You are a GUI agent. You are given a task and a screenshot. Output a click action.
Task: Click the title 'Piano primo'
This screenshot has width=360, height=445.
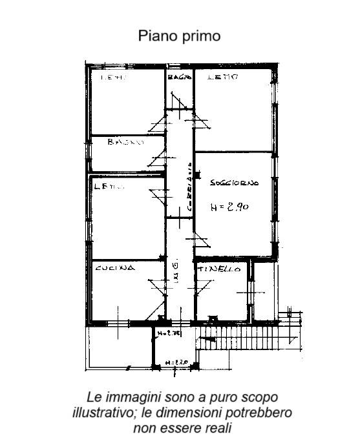179,36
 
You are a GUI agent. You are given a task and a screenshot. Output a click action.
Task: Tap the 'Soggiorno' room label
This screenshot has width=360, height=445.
234,183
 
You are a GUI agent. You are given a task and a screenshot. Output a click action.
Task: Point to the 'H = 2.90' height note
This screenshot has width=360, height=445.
230,207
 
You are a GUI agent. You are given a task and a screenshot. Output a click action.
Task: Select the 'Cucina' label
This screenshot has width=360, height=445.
114,268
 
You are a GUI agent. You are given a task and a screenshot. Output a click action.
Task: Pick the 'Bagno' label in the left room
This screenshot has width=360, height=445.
125,142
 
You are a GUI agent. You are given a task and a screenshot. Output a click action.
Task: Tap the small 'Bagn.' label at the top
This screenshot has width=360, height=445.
179,78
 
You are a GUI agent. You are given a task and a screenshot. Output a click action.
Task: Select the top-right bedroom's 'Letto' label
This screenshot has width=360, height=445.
224,78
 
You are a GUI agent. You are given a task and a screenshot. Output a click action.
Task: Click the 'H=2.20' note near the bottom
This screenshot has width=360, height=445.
176,363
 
